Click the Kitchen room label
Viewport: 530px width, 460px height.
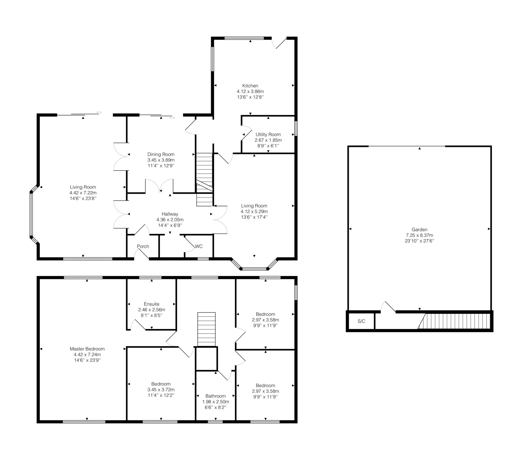(x=250, y=86)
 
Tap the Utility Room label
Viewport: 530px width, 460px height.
(x=268, y=134)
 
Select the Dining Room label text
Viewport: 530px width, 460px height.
(x=161, y=154)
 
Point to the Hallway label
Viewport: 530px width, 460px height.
(x=170, y=214)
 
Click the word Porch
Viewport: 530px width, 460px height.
(x=143, y=246)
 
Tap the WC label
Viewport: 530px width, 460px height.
(x=199, y=246)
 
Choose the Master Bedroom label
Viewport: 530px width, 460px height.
(x=87, y=349)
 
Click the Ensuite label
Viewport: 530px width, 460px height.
(x=152, y=304)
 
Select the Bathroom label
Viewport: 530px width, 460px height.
(x=216, y=396)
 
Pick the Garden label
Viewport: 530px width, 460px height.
(x=420, y=230)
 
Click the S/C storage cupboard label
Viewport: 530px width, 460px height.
(x=361, y=321)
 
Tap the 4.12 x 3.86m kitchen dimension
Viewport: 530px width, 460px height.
(x=250, y=91)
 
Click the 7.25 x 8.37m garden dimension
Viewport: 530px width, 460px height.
(x=420, y=235)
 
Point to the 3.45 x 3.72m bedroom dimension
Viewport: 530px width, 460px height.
(x=161, y=390)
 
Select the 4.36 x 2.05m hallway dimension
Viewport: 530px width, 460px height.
(x=170, y=220)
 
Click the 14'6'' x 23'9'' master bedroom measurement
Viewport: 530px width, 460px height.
(x=87, y=360)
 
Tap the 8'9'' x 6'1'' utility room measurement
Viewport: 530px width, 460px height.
(x=268, y=146)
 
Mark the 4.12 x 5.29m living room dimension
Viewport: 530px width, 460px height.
(x=254, y=211)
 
